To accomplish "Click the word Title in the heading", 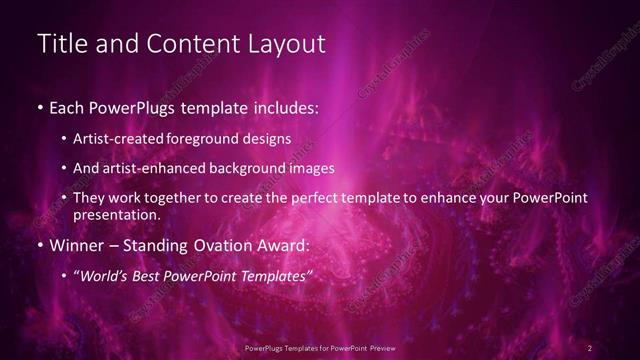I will [58, 43].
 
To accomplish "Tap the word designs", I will [268, 139].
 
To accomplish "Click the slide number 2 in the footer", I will [590, 347].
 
